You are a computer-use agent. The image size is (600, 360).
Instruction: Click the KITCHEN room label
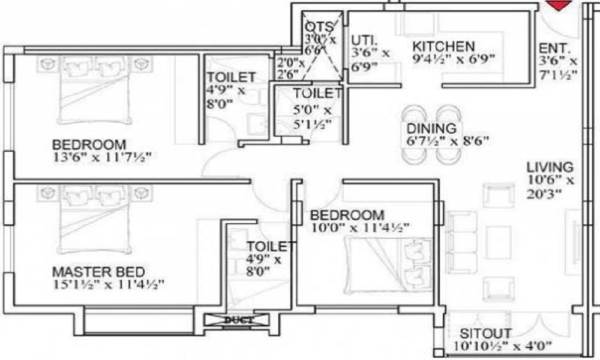tap(444, 46)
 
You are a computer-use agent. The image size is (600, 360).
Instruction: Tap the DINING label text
tap(431, 128)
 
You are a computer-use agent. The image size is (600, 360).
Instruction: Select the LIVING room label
tap(550, 167)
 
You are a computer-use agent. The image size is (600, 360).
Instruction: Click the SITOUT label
tap(486, 333)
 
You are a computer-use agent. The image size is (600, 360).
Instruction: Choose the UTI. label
tap(364, 40)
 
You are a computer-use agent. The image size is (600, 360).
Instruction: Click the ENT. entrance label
tap(554, 48)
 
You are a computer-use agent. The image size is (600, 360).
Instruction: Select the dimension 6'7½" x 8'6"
tap(448, 142)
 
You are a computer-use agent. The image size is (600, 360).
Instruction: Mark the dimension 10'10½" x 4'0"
tap(503, 346)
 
